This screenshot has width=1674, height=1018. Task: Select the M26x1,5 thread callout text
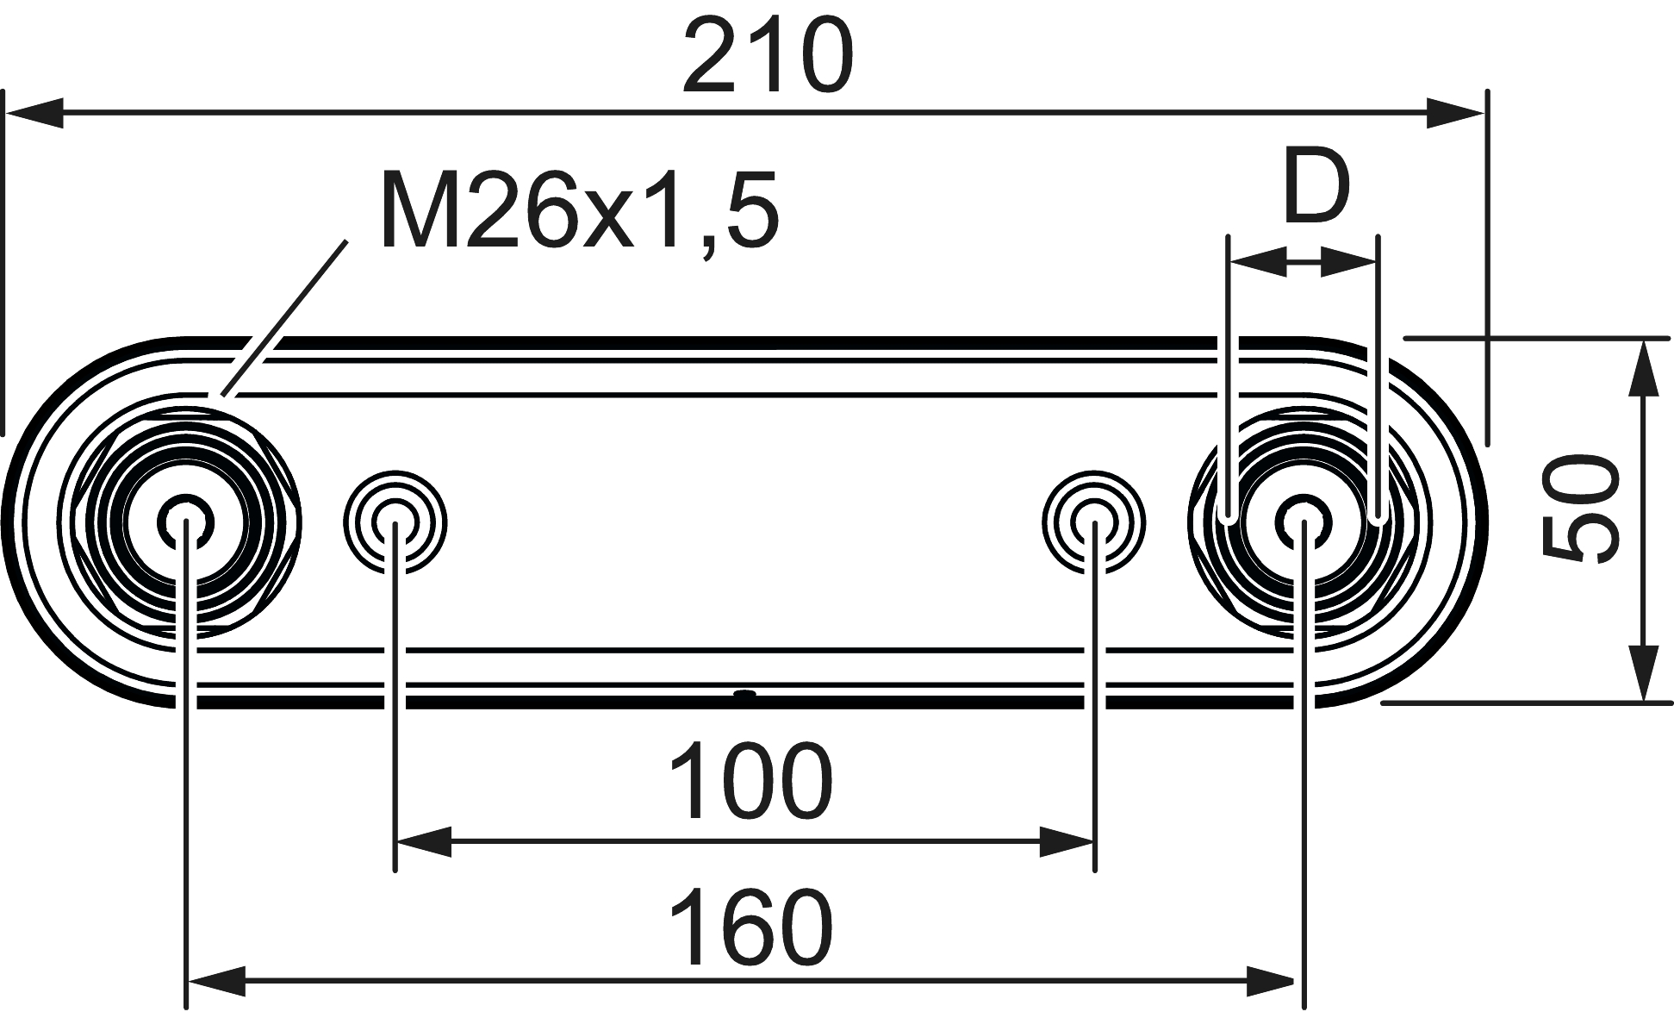coord(579,210)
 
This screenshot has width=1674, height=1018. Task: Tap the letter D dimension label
coord(1315,186)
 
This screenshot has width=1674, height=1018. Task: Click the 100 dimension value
coord(750,783)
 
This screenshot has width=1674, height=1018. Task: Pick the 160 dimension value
coord(750,929)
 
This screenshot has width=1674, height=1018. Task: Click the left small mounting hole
coord(395,521)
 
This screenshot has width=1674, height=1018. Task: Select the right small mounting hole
coord(1094,521)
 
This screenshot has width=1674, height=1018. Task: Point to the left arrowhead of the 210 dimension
coord(34,113)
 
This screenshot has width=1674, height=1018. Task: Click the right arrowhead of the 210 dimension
coord(1456,113)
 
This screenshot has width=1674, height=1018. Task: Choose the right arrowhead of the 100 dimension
coord(1067,841)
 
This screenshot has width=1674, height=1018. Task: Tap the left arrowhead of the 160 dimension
coord(216,981)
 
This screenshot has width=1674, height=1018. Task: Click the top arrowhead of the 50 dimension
coord(1644,367)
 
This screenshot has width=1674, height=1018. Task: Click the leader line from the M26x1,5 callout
coord(284,319)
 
